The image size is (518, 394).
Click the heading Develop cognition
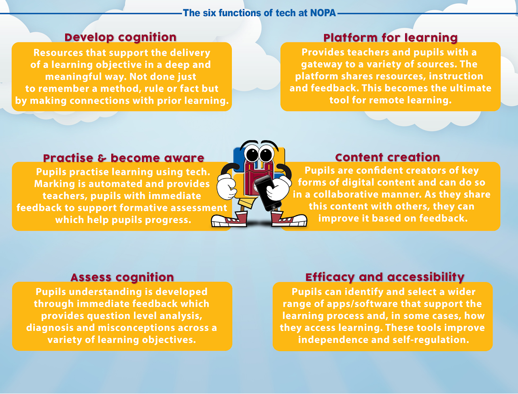(x=121, y=37)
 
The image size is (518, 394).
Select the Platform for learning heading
(x=391, y=38)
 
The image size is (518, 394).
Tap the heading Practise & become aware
(x=123, y=158)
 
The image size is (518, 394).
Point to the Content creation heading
(x=388, y=157)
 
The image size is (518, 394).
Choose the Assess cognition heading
(x=122, y=277)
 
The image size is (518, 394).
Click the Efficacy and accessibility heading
(x=385, y=277)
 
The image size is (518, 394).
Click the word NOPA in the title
(x=323, y=13)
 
